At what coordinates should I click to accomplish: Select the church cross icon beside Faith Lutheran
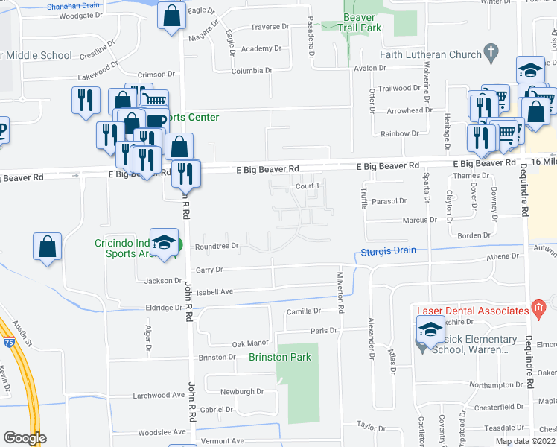[x=490, y=53]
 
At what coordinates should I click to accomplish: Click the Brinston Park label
[x=280, y=357]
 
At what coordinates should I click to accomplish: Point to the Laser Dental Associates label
[x=471, y=310]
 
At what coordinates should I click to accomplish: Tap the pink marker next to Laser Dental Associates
[x=539, y=308]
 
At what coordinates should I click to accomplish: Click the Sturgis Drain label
[x=389, y=250]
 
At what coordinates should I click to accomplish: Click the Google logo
[x=25, y=437]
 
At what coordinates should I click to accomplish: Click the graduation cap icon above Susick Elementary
[x=430, y=328]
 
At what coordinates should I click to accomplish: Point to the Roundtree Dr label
[x=216, y=246]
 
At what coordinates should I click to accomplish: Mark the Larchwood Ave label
[x=158, y=395]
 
